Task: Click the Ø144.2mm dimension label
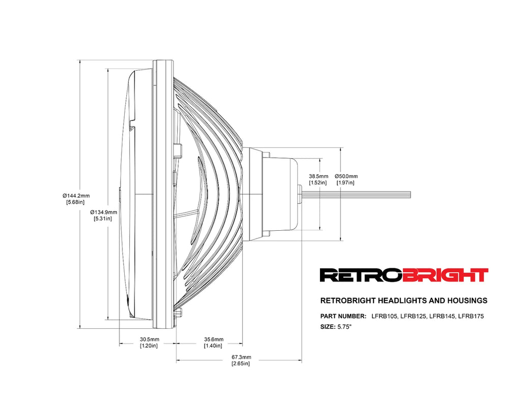click(76, 195)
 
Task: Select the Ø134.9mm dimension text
click(103, 212)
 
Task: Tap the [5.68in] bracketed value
click(75, 202)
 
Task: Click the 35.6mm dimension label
click(213, 339)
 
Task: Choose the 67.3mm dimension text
click(241, 357)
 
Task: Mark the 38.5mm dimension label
click(319, 176)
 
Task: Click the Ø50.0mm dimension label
click(346, 176)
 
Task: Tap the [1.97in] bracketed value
click(345, 182)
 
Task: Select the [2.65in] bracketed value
click(241, 363)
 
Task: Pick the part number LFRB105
click(385, 316)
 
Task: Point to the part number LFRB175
click(471, 316)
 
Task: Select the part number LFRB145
click(442, 316)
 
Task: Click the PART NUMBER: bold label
click(343, 316)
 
